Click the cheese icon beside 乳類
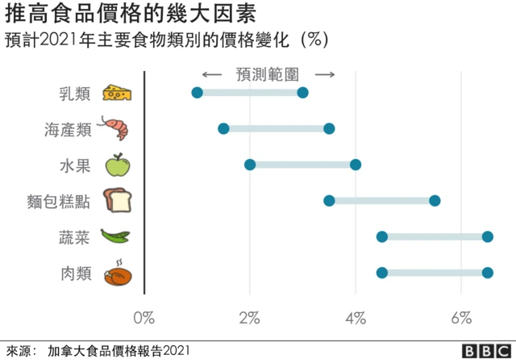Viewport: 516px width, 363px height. (117, 93)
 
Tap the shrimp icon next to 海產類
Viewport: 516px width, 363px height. (112, 128)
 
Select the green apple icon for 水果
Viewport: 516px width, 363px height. (117, 165)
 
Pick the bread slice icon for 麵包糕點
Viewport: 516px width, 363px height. (117, 201)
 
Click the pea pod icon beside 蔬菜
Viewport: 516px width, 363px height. (114, 236)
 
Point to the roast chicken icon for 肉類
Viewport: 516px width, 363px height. (117, 273)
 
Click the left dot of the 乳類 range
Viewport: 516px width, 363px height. (197, 93)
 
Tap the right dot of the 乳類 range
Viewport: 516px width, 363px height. (302, 93)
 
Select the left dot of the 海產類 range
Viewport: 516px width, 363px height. (223, 128)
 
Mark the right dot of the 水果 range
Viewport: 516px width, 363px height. (356, 165)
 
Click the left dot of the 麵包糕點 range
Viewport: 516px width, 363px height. (329, 200)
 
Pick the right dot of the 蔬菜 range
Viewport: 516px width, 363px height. (488, 236)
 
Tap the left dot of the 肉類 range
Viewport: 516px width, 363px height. (382, 273)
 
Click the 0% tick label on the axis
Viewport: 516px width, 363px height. (144, 318)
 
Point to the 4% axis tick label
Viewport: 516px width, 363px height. (356, 318)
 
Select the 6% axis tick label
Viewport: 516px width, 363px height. (461, 318)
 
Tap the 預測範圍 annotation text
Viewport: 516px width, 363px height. (268, 74)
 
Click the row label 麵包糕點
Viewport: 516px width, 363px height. (59, 201)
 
